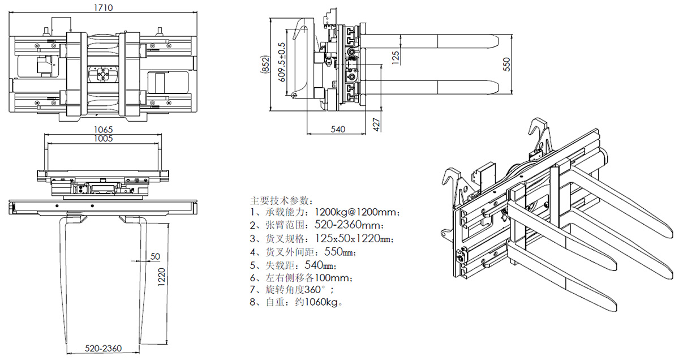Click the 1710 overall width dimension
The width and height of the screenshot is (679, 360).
[x=103, y=7]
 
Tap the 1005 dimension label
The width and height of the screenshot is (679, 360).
[x=103, y=138]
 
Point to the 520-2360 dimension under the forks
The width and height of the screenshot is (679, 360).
[x=104, y=348]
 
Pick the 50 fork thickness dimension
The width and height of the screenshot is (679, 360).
[x=155, y=257]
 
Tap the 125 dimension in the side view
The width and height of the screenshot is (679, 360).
[x=396, y=56]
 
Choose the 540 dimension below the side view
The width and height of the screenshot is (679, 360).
[x=337, y=130]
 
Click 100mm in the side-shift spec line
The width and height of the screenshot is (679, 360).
[x=338, y=277]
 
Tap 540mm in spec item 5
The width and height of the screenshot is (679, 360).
[x=317, y=265]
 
